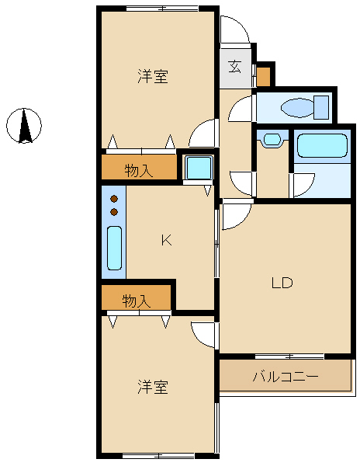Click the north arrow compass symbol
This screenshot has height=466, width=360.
coord(24,125)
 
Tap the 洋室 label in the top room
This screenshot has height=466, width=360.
coord(153,76)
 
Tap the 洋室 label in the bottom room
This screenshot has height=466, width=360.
coord(153,387)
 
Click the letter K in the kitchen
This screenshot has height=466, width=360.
coord(167,240)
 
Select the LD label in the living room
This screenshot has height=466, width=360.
coord(282,283)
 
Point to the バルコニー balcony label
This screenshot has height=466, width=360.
coord(286,377)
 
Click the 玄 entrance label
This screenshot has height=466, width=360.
coord(235,66)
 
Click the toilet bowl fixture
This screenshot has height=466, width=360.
coord(305,107)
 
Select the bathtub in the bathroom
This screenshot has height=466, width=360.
coord(322,146)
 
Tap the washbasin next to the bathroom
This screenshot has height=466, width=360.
coord(272,139)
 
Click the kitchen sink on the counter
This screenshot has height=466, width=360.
coord(114,249)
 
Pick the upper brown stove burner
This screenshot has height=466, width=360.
coord(114,199)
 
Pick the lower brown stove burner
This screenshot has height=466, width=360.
coord(114,212)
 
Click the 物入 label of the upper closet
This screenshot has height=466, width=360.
coord(139,171)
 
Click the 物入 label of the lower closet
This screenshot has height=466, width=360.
coord(137,301)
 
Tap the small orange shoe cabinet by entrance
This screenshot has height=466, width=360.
coord(264,77)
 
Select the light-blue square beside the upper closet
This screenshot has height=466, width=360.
coord(199,167)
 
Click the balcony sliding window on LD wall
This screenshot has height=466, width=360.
coord(289,356)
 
